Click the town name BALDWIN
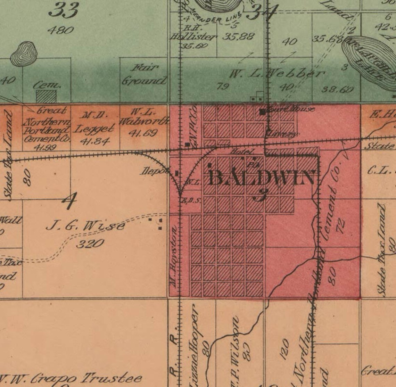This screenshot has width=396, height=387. click(x=262, y=178)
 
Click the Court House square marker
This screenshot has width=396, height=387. click(x=263, y=112)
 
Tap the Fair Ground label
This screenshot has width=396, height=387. click(x=143, y=74)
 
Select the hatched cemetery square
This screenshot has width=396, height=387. click(x=46, y=97)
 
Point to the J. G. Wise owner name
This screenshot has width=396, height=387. click(x=85, y=227)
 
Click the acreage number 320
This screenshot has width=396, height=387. click(x=90, y=243)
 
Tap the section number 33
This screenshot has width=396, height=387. click(x=64, y=10)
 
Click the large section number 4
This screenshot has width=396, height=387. click(x=69, y=201)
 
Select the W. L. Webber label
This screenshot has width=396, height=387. click(x=277, y=74)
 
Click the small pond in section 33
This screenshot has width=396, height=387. click(x=24, y=53)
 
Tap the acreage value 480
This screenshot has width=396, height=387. click(x=61, y=30)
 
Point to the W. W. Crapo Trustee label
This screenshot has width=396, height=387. click(x=71, y=378)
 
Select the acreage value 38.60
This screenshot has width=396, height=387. click(x=337, y=90)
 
